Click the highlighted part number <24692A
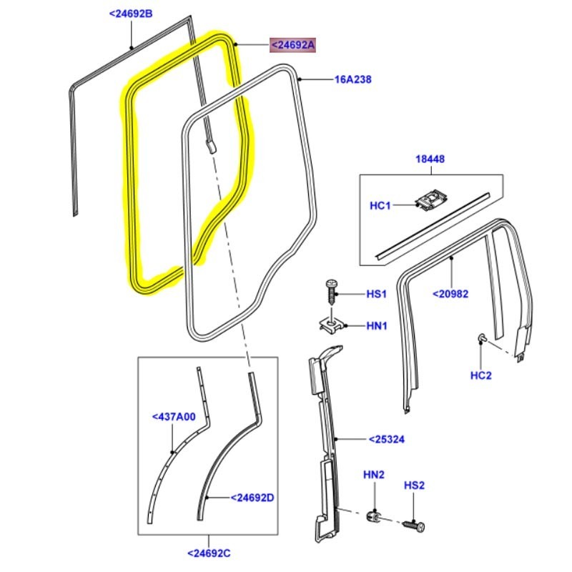coord(292,46)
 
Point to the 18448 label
coord(430,159)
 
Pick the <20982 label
coord(449,292)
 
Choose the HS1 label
coord(376,294)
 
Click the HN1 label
coord(376,326)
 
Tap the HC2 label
coord(481,375)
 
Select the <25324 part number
coord(387,439)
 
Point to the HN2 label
coord(373,475)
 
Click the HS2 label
coord(414,485)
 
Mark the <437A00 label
coord(174,417)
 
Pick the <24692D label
coord(252,498)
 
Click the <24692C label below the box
coord(209,553)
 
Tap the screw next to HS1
coord(332,292)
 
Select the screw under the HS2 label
coord(414,524)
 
